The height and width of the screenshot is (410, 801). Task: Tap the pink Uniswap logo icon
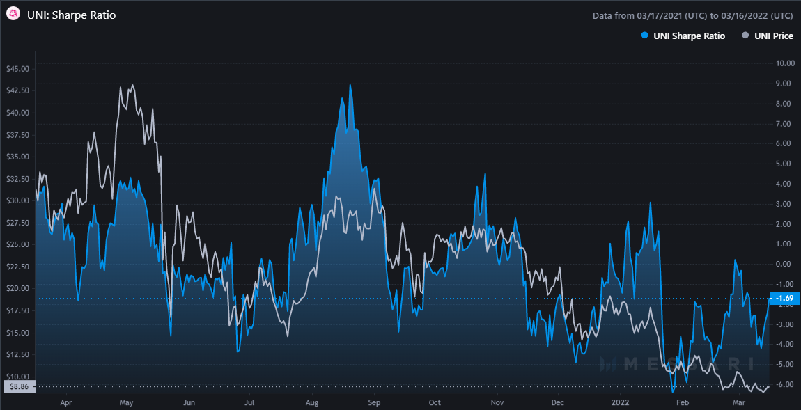(12, 15)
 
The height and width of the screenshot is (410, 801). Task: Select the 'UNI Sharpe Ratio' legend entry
(683, 36)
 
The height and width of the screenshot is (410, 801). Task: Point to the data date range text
(692, 15)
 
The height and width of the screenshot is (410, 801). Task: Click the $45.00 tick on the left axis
(17, 69)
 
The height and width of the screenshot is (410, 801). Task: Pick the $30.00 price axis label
(17, 200)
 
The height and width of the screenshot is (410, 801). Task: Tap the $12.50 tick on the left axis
(17, 354)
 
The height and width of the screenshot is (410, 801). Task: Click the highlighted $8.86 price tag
(16, 386)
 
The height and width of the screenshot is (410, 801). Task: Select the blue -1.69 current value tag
(786, 299)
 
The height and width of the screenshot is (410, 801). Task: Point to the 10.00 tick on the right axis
(785, 63)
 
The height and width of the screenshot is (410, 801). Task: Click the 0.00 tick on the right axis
(785, 264)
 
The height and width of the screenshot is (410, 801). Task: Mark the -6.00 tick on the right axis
(785, 384)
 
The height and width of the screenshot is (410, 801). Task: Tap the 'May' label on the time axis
(126, 402)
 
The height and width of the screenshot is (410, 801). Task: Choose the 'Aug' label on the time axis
(312, 402)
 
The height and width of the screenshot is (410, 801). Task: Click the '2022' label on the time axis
(620, 402)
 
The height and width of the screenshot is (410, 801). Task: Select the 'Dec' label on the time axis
(557, 402)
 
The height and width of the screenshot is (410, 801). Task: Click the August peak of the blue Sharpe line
(350, 85)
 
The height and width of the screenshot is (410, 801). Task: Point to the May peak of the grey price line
(133, 86)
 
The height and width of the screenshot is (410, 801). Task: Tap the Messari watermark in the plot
(677, 363)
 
